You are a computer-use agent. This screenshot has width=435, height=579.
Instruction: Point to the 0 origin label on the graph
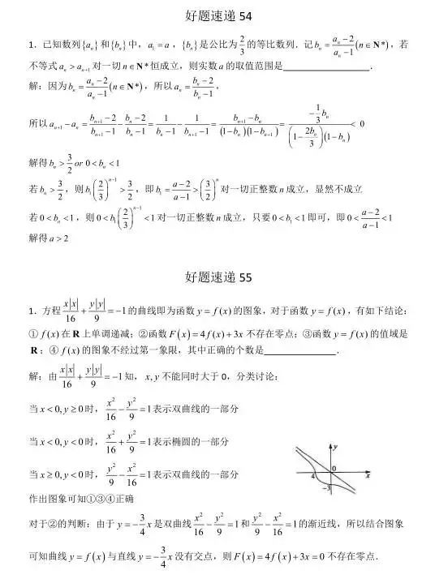coord(334,470)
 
